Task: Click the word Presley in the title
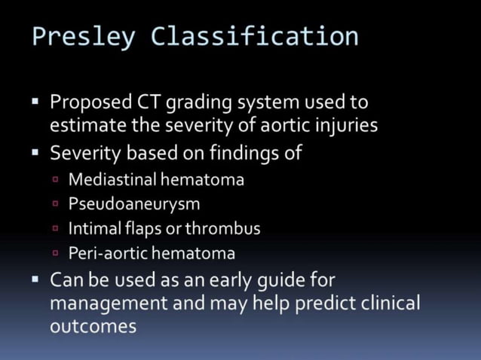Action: [84, 35]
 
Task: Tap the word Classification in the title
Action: [255, 35]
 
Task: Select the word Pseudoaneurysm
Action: [134, 203]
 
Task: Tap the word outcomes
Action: [93, 327]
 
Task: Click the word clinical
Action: [382, 304]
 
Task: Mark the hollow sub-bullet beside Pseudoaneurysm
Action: [57, 203]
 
